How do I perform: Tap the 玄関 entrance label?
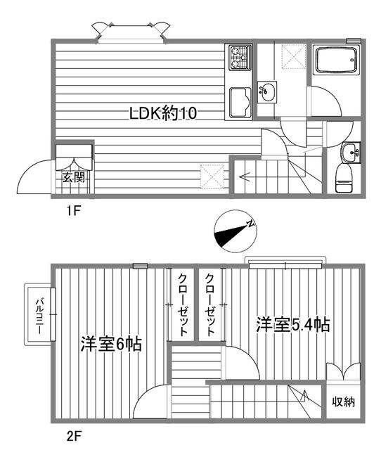(74, 177)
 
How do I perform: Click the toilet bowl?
(344, 176)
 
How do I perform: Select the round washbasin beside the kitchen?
(267, 90)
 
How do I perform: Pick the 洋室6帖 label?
(110, 345)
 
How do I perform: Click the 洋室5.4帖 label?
(293, 325)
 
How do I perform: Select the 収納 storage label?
(344, 402)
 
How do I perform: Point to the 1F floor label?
(75, 210)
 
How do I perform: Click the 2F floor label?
(75, 435)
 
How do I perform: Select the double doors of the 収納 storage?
(343, 371)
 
